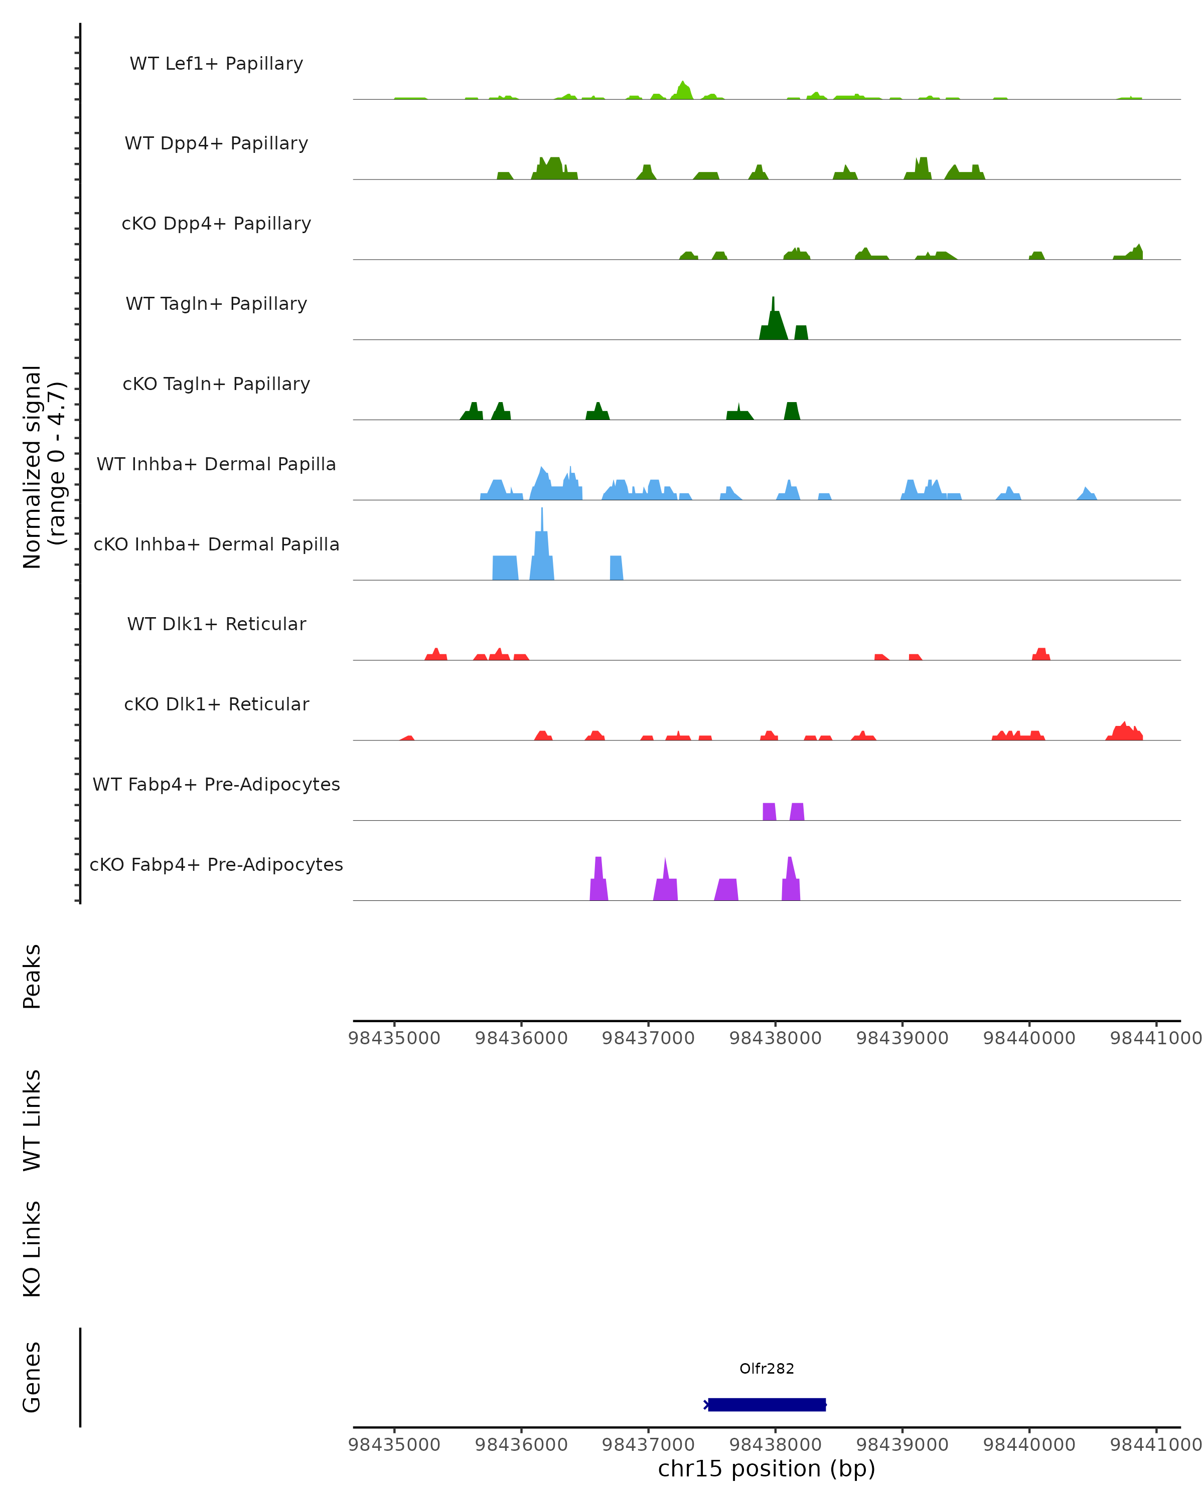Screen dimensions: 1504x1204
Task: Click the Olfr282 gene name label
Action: [x=767, y=1368]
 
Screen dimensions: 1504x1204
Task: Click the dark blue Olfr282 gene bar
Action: [x=767, y=1404]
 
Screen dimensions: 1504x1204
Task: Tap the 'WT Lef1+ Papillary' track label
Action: [x=216, y=64]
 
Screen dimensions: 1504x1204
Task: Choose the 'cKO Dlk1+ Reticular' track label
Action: [x=216, y=704]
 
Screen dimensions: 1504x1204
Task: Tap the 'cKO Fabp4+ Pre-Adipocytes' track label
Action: [x=216, y=864]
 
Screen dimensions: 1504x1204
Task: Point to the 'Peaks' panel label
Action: [x=32, y=976]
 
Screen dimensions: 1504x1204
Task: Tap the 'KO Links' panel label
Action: [x=32, y=1249]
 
